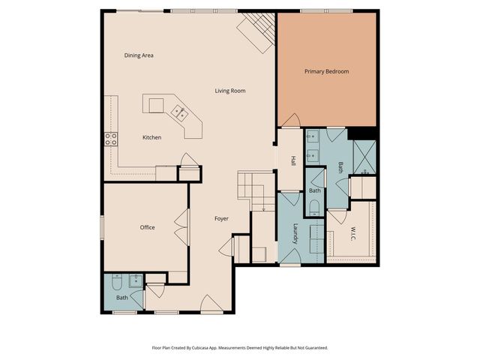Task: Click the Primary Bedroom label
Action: [327, 72]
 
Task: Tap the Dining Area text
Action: [139, 55]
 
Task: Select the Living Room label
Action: [230, 91]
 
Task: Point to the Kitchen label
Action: [151, 137]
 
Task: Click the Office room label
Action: [147, 227]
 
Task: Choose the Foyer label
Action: [221, 218]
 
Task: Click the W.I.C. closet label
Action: [353, 233]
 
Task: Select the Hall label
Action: [293, 161]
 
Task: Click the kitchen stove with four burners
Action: [111, 139]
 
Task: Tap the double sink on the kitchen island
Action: [180, 112]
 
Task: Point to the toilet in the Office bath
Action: [117, 282]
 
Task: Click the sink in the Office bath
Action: [135, 280]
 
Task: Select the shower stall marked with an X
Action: [364, 157]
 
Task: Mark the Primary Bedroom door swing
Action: [290, 120]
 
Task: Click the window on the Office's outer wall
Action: [102, 227]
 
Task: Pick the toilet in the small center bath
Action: [314, 208]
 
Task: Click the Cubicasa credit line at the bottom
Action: [240, 348]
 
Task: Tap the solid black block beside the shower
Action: [361, 133]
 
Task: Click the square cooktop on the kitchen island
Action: [156, 106]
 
